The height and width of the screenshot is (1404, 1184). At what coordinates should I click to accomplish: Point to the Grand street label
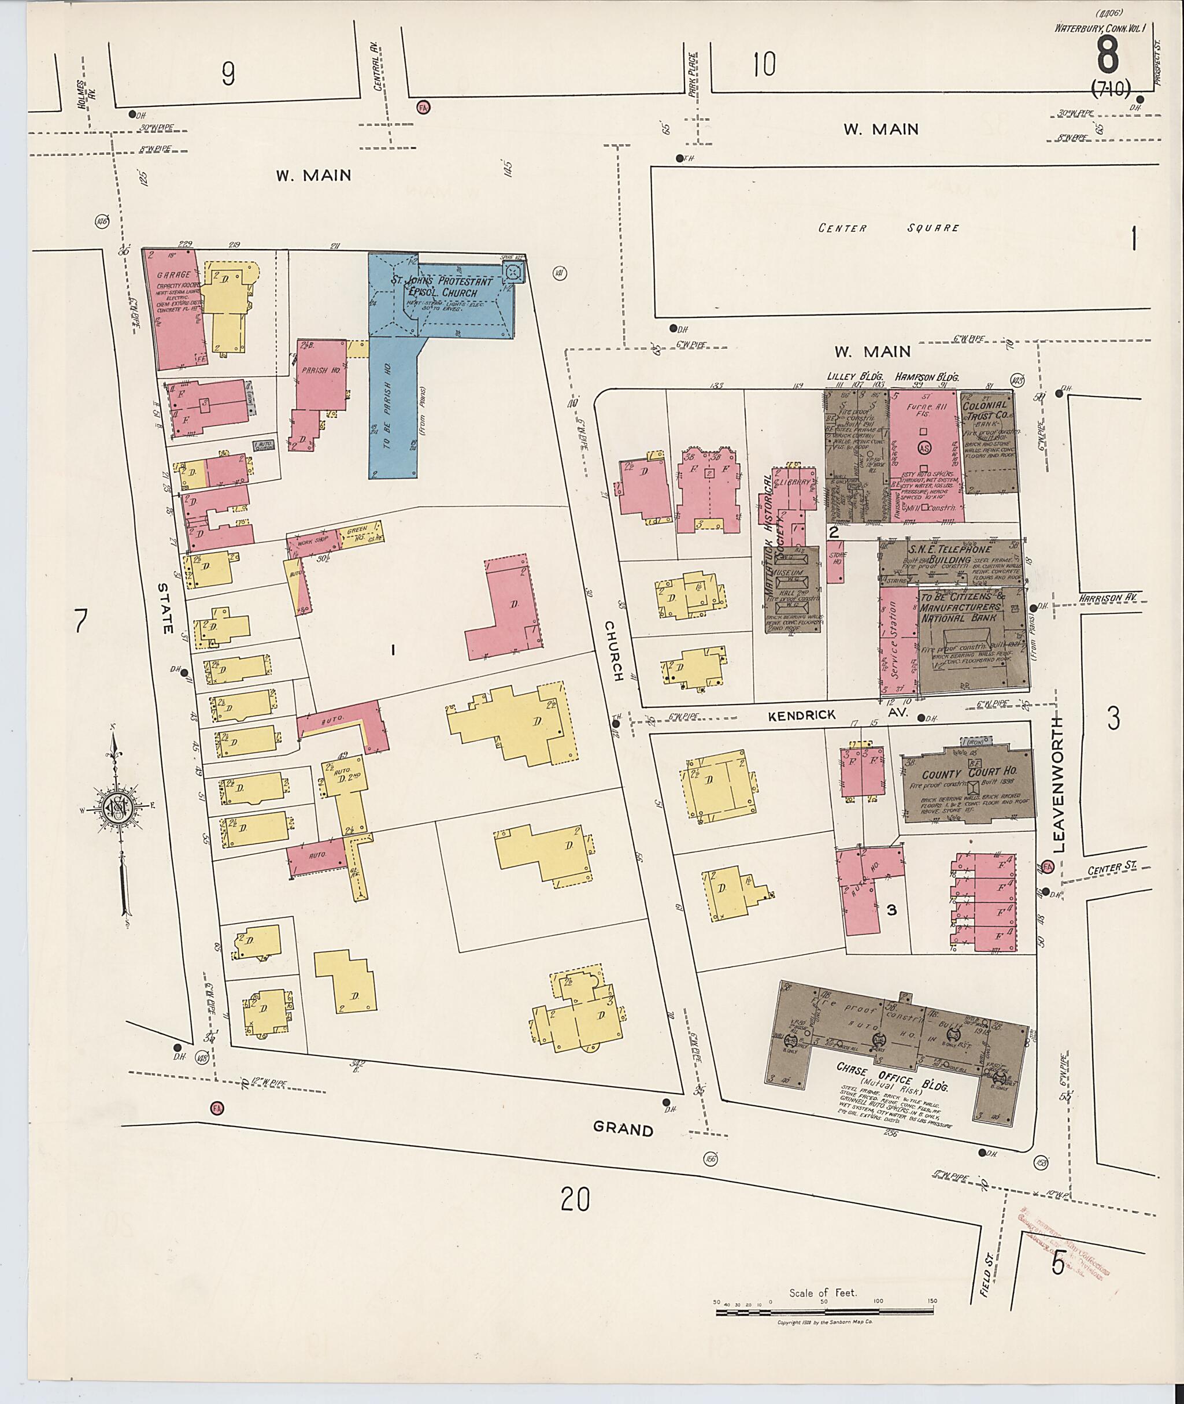(x=623, y=1130)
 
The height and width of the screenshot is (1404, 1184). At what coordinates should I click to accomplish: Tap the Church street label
(x=613, y=650)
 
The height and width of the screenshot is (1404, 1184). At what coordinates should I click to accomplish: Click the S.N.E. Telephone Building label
(x=946, y=554)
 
